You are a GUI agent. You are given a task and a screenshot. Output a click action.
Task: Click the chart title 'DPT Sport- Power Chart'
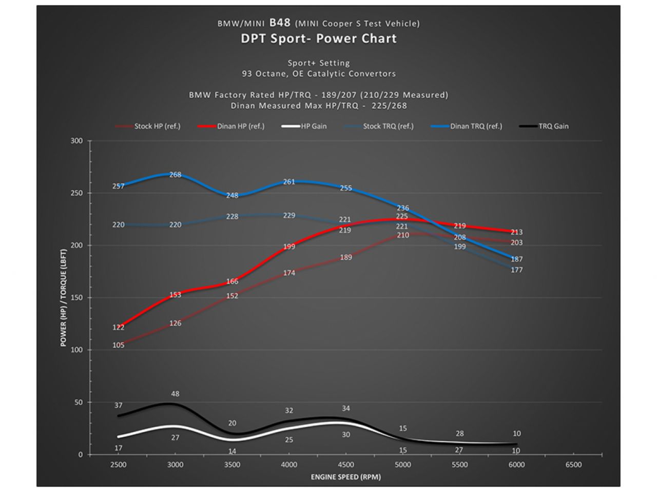pyautogui.click(x=319, y=38)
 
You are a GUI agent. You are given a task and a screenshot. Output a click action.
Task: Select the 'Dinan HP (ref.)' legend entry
pyautogui.click(x=240, y=126)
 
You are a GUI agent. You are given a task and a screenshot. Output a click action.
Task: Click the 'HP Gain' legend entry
pyautogui.click(x=313, y=126)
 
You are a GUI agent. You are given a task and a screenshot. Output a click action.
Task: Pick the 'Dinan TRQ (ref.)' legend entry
pyautogui.click(x=476, y=126)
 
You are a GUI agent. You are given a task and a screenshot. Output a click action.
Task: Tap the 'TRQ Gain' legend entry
pyautogui.click(x=553, y=126)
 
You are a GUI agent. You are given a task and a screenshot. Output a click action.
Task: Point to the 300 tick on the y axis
pyautogui.click(x=76, y=141)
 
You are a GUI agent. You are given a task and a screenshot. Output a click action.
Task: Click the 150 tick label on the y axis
pyautogui.click(x=76, y=298)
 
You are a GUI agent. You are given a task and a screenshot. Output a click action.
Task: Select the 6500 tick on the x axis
pyautogui.click(x=573, y=464)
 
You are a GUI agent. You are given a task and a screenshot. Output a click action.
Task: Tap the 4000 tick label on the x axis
pyautogui.click(x=289, y=464)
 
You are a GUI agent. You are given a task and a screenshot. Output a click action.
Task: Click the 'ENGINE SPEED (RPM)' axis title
pyautogui.click(x=345, y=477)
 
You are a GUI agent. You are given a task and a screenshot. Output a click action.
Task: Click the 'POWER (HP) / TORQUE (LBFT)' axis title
pyautogui.click(x=64, y=298)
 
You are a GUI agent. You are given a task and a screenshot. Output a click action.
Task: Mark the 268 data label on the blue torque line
pyautogui.click(x=175, y=175)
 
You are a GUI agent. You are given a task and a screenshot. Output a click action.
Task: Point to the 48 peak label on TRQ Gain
pyautogui.click(x=175, y=394)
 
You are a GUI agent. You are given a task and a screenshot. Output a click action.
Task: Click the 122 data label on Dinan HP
pyautogui.click(x=118, y=327)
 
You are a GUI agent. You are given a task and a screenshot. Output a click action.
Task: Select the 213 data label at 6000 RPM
pyautogui.click(x=516, y=232)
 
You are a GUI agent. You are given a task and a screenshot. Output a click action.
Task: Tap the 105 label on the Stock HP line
pyautogui.click(x=118, y=345)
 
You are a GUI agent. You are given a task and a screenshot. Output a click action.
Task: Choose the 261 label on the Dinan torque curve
pyautogui.click(x=289, y=182)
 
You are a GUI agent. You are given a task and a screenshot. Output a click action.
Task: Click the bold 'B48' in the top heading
pyautogui.click(x=280, y=23)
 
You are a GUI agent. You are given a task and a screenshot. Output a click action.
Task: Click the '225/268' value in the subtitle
pyautogui.click(x=389, y=106)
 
